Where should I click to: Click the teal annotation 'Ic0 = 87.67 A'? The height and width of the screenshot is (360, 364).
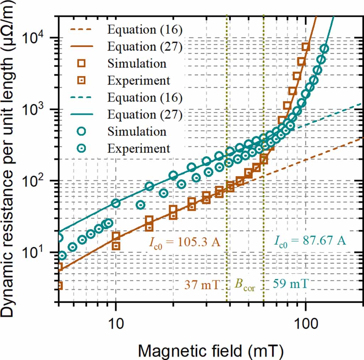click(x=310, y=241)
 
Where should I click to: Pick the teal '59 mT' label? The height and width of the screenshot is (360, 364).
click(x=290, y=285)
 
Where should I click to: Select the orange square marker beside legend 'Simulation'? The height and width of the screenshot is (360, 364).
click(x=82, y=64)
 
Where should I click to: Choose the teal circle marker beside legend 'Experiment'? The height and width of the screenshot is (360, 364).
click(x=82, y=148)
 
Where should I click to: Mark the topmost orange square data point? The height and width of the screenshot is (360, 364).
click(x=306, y=47)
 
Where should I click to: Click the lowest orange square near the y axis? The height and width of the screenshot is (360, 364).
click(x=59, y=285)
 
